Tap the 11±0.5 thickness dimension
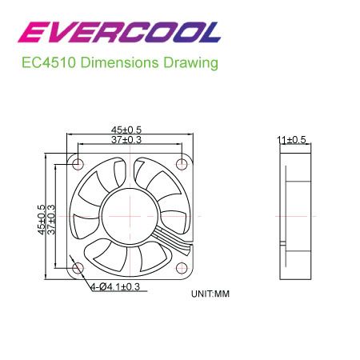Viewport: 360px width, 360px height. pos(292,139)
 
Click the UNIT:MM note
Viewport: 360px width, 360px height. pos(210,294)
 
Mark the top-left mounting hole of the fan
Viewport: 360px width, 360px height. pos(78,165)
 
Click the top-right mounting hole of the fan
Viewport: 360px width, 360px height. pos(182,165)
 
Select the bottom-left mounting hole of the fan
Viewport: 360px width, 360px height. pos(78,269)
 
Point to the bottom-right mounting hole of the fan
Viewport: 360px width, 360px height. pos(182,269)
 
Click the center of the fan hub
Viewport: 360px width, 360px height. pos(130,217)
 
